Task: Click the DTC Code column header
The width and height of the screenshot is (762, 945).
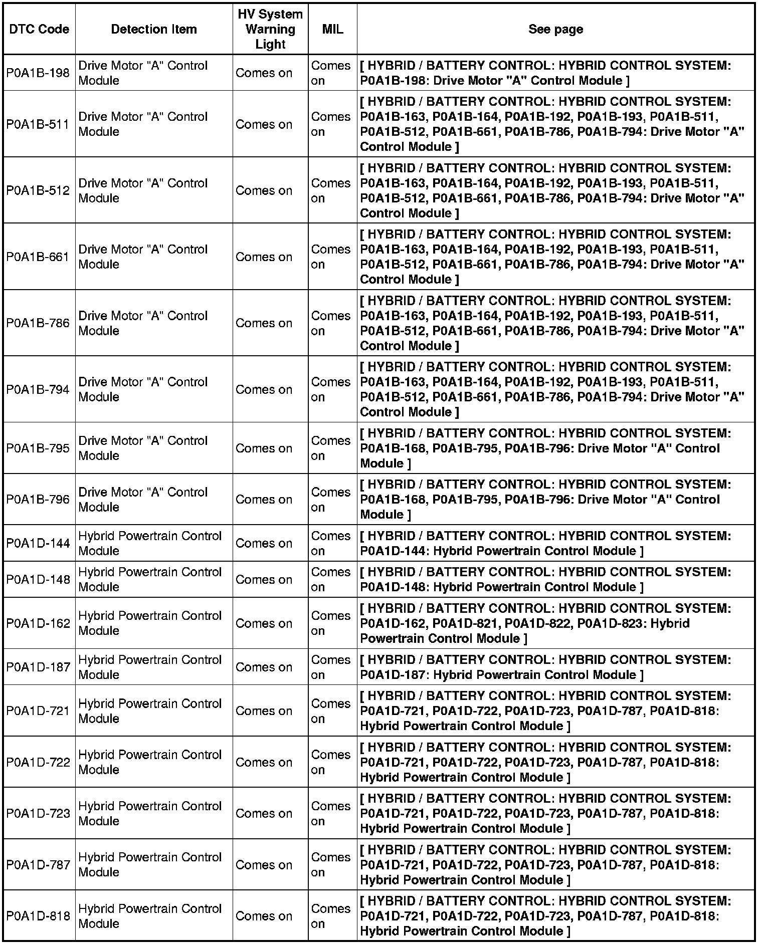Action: [x=39, y=29]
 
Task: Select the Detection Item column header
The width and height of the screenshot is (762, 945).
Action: [x=153, y=29]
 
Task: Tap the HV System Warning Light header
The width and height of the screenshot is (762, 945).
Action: [x=270, y=29]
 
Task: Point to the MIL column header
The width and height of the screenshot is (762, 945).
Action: [x=332, y=29]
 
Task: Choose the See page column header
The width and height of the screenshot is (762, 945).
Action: [x=555, y=29]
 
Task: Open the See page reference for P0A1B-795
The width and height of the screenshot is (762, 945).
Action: [x=545, y=448]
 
